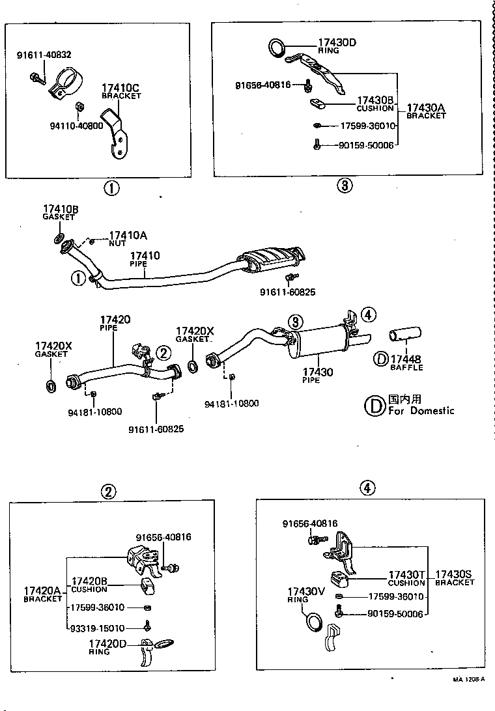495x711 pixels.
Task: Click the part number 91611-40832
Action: tap(44, 55)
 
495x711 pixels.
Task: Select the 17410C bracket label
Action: tap(121, 91)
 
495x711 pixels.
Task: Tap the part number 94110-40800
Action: tap(77, 126)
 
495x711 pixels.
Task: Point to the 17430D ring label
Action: tap(337, 46)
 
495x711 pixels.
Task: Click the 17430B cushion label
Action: tap(375, 104)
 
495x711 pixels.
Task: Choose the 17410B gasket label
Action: tap(61, 212)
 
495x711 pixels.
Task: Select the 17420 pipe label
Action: tap(115, 323)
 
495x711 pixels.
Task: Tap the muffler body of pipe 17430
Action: tap(317, 343)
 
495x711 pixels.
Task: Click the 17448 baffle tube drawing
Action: tap(404, 335)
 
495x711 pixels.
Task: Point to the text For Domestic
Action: tap(421, 410)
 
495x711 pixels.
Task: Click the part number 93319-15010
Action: tap(98, 628)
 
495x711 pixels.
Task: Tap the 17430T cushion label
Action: tap(406, 578)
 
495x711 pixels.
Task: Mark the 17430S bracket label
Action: tap(455, 578)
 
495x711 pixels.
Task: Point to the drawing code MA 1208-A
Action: tap(469, 678)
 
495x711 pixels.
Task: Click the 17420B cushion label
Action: tap(89, 584)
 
